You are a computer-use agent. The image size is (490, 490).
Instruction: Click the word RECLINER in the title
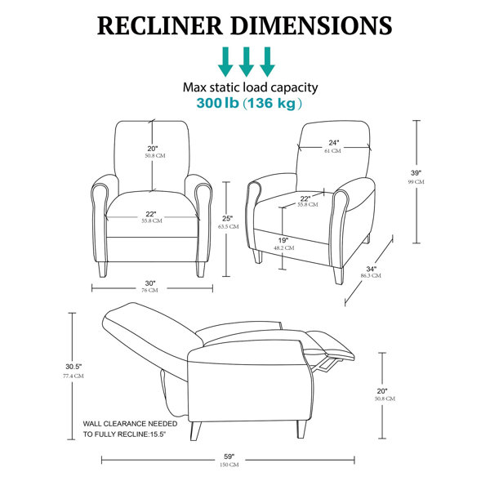tap(160, 25)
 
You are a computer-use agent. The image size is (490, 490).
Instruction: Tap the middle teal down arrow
tap(247, 62)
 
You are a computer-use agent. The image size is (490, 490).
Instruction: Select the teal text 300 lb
tap(217, 103)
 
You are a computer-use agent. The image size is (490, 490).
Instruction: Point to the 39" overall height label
tap(416, 173)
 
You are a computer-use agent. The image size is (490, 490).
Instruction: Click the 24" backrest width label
tap(334, 143)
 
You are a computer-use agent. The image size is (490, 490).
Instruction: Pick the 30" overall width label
tap(150, 283)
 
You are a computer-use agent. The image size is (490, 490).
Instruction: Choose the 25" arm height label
tap(228, 218)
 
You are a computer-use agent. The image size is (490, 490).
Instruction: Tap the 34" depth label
tap(372, 269)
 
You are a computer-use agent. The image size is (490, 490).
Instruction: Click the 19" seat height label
tap(283, 241)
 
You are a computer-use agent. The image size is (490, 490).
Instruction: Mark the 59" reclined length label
tap(229, 457)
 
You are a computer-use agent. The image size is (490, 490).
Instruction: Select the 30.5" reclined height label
tap(73, 367)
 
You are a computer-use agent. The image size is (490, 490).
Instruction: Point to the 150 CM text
tap(229, 465)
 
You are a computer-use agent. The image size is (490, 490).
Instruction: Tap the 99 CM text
tap(416, 182)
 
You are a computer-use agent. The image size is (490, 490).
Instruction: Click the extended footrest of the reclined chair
tap(332, 345)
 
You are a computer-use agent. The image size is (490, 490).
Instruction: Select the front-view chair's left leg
tap(103, 269)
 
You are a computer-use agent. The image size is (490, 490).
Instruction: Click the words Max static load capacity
tap(251, 87)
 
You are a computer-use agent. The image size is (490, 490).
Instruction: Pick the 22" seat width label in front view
tap(150, 214)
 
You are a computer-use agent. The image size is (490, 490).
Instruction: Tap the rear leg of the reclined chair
tap(196, 431)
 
